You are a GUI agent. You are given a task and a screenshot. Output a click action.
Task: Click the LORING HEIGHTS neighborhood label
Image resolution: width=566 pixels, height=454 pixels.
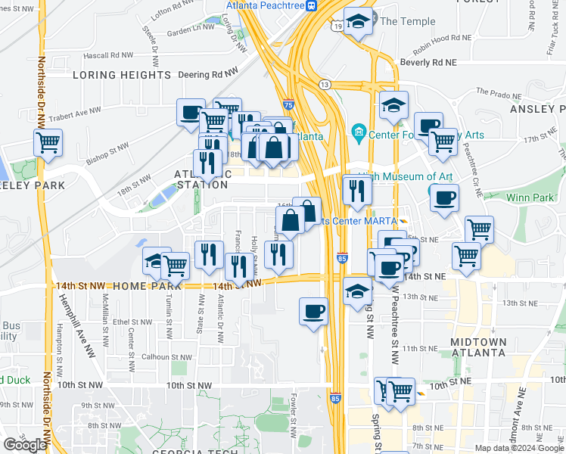pyautogui.click(x=122, y=76)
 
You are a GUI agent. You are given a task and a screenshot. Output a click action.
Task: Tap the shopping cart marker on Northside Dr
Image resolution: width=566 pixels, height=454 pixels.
pyautogui.click(x=48, y=142)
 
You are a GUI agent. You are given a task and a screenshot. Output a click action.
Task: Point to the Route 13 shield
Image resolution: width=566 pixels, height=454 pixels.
pyautogui.click(x=325, y=83)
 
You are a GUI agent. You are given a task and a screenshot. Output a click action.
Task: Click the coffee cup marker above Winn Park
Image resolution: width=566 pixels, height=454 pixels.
pyautogui.click(x=444, y=197)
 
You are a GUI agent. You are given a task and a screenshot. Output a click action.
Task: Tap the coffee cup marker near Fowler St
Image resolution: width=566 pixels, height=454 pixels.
pyautogui.click(x=313, y=310)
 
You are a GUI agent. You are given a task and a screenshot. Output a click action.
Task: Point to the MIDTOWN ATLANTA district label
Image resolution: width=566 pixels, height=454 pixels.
pyautogui.click(x=478, y=347)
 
